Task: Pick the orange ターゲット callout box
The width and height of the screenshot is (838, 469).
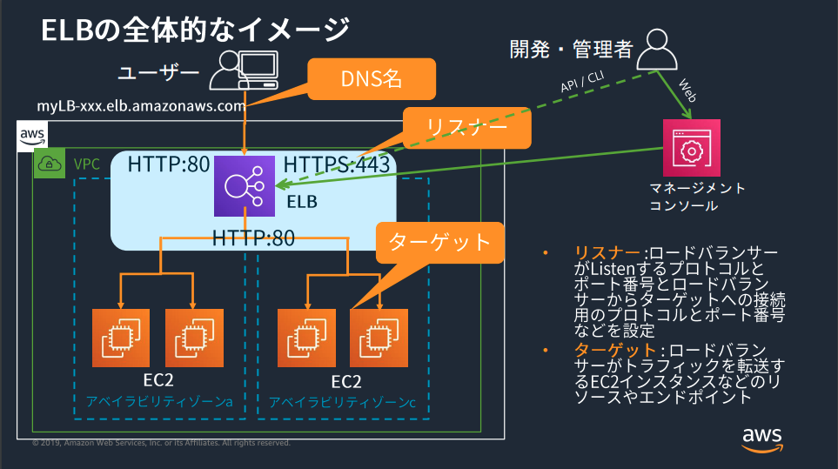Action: click(x=440, y=242)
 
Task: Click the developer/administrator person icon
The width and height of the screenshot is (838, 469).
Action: click(x=657, y=50)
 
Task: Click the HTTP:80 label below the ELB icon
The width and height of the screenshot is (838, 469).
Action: click(x=253, y=237)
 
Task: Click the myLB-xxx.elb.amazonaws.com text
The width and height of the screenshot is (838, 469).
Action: click(x=140, y=106)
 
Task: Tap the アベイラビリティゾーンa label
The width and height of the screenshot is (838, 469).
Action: click(x=158, y=402)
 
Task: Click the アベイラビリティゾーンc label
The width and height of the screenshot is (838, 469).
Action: click(x=342, y=402)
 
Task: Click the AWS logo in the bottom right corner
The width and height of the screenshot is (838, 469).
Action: click(x=762, y=439)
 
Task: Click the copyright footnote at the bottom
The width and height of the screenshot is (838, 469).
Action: click(x=161, y=443)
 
